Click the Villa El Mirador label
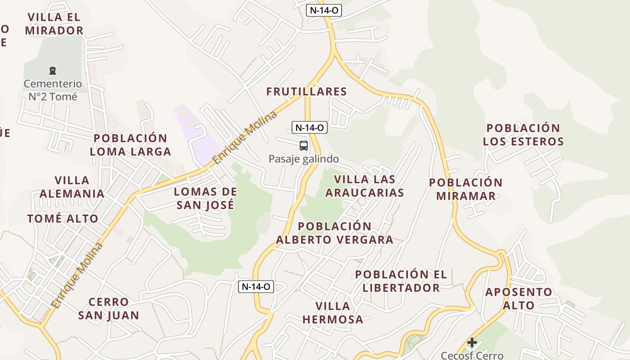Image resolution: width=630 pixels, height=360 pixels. pyautogui.click(x=54, y=24)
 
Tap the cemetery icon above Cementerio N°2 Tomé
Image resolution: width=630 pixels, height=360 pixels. pyautogui.click(x=53, y=71)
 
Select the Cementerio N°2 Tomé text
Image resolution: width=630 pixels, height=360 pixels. pyautogui.click(x=53, y=90)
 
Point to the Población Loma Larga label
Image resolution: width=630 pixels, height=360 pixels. pyautogui.click(x=130, y=144)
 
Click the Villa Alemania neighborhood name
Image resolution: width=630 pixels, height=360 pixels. pyautogui.click(x=72, y=187)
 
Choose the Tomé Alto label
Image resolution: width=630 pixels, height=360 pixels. pyautogui.click(x=63, y=219)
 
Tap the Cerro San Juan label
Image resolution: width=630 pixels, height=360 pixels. pyautogui.click(x=108, y=308)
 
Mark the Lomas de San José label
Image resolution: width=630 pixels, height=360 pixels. pyautogui.click(x=205, y=198)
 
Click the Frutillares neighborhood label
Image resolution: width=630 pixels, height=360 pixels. pyautogui.click(x=306, y=92)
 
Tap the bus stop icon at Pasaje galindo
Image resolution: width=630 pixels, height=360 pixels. pyautogui.click(x=304, y=145)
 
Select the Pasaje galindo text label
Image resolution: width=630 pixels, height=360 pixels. pyautogui.click(x=304, y=159)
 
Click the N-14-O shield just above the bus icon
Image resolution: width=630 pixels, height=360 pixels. pyautogui.click(x=309, y=127)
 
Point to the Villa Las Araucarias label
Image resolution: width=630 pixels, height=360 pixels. pyautogui.click(x=364, y=186)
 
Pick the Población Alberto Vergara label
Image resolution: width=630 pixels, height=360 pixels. pyautogui.click(x=335, y=233)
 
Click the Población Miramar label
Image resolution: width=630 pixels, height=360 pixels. pyautogui.click(x=466, y=189)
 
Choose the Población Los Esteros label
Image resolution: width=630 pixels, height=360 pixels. pyautogui.click(x=523, y=135)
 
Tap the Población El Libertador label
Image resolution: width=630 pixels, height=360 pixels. pyautogui.click(x=401, y=281)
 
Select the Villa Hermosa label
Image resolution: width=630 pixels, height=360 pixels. pyautogui.click(x=333, y=313)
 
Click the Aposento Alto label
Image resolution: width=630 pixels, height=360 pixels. pyautogui.click(x=518, y=298)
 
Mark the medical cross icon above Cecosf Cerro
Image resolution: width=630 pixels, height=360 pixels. pyautogui.click(x=472, y=342)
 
